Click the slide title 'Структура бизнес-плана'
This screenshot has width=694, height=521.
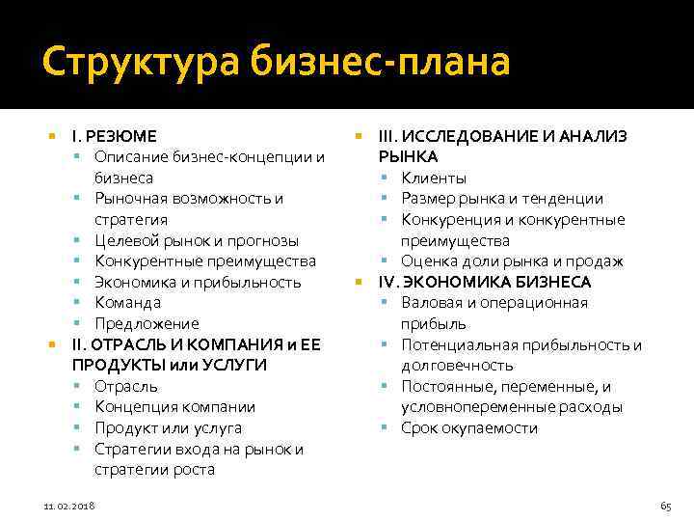pos(276,63)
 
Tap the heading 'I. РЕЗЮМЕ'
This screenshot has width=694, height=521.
pos(115,136)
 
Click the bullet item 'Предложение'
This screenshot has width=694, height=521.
pos(147,324)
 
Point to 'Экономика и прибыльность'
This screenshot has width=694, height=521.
pos(198,282)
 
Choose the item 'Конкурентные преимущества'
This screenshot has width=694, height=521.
pos(204,261)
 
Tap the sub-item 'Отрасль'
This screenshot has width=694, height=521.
pos(126,386)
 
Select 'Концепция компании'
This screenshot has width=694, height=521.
pos(174,407)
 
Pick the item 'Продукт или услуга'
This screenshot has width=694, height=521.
pos(168,428)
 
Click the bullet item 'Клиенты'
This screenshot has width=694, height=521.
pos(434,178)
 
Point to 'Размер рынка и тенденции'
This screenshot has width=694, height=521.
pos(502,199)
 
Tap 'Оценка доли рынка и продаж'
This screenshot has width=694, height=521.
pos(512,261)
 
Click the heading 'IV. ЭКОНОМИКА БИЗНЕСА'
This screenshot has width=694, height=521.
pos(485,282)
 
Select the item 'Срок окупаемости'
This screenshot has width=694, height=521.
pos(469,428)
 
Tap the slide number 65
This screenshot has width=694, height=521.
pos(665,506)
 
